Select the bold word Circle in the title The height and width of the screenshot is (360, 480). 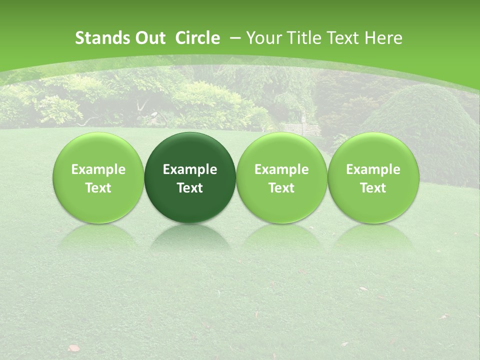click(x=197, y=38)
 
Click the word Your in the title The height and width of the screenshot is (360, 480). click(x=263, y=38)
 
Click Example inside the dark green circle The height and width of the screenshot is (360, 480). click(x=190, y=170)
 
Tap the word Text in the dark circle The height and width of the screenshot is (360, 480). click(x=190, y=188)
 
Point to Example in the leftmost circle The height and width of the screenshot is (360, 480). click(x=98, y=170)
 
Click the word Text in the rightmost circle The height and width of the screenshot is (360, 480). click(x=373, y=188)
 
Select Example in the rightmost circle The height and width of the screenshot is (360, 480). click(x=373, y=170)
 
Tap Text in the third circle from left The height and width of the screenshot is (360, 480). click(x=281, y=188)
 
